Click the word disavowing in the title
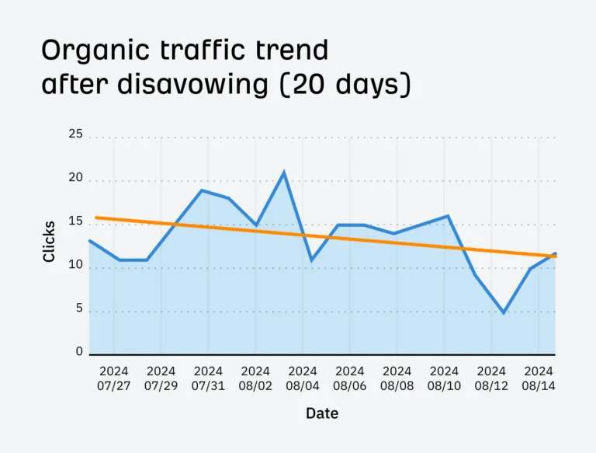click(x=193, y=84)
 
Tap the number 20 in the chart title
click(x=310, y=84)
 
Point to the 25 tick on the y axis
click(x=75, y=134)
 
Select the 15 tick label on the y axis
click(x=75, y=221)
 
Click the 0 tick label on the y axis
click(x=79, y=351)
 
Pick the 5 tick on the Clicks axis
click(x=79, y=308)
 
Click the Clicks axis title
click(x=49, y=242)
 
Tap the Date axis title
click(x=322, y=413)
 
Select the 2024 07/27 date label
click(x=113, y=378)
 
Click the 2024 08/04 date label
click(x=303, y=378)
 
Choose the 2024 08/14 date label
click(x=539, y=378)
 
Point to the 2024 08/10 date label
click(x=444, y=378)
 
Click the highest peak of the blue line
click(x=284, y=172)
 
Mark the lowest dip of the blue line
click(x=504, y=312)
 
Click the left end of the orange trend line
click(x=96, y=218)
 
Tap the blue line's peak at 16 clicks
click(x=448, y=216)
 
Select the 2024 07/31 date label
click(x=208, y=378)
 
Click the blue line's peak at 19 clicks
click(x=202, y=190)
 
